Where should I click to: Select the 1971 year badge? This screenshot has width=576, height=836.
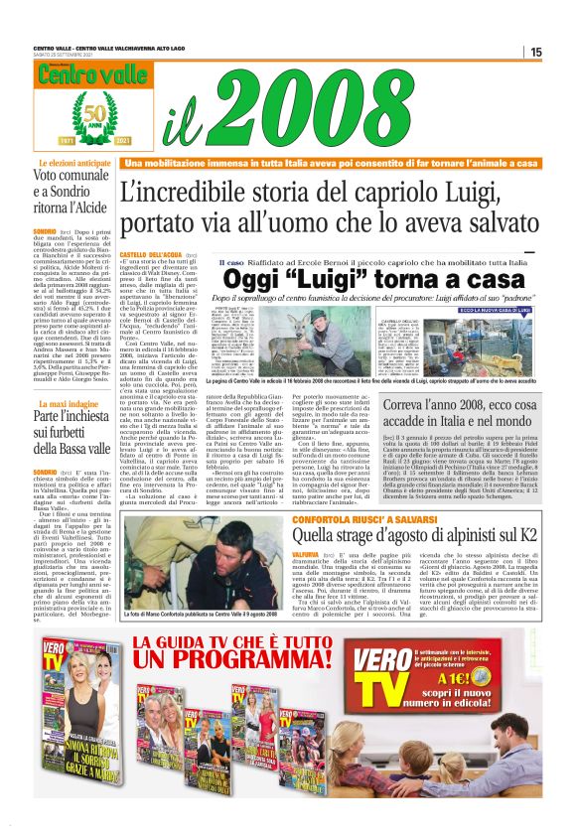pyautogui.click(x=45, y=142)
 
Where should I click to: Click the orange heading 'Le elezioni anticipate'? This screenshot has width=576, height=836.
pyautogui.click(x=72, y=161)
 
